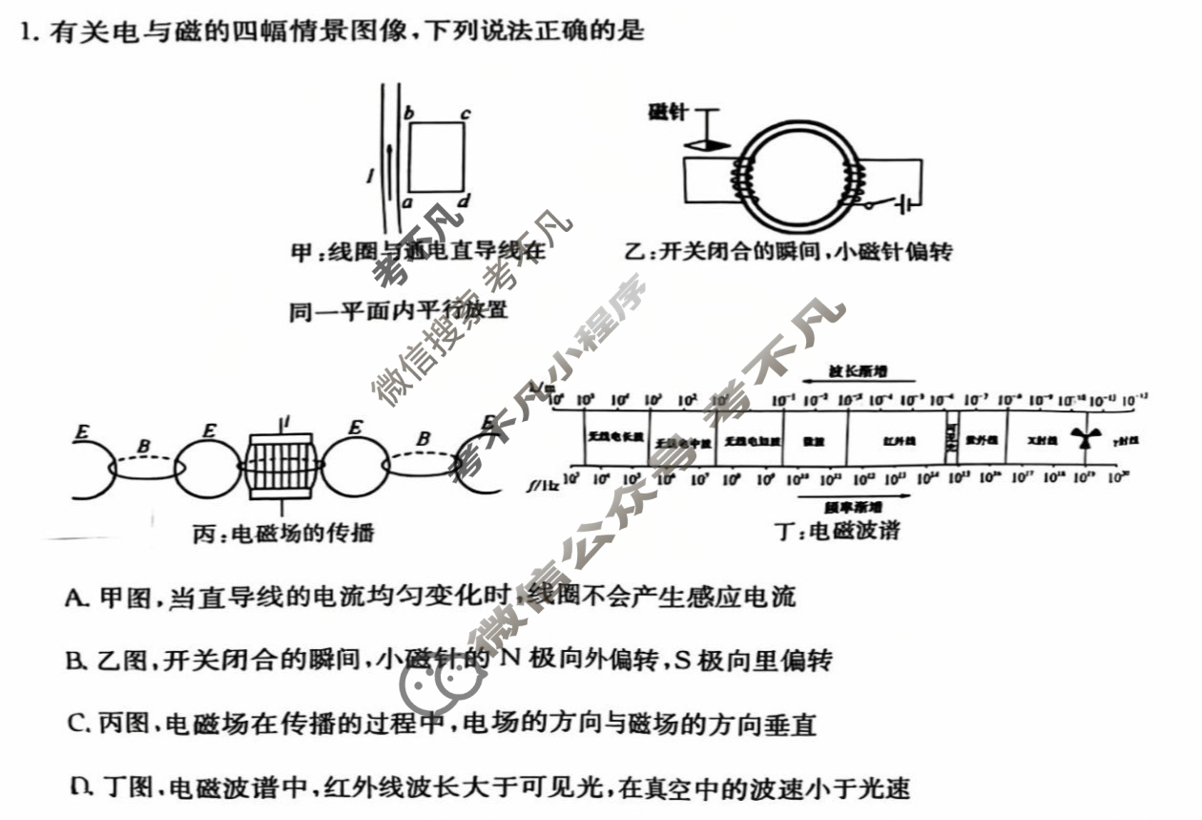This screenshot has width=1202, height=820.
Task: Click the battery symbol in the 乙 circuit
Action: click(x=911, y=202)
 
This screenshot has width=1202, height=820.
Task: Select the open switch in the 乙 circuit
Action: click(x=882, y=203)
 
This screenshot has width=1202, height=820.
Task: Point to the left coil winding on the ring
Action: click(x=739, y=176)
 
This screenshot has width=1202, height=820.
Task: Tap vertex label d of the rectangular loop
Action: click(x=464, y=201)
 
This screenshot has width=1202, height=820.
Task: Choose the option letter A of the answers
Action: click(x=75, y=599)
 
